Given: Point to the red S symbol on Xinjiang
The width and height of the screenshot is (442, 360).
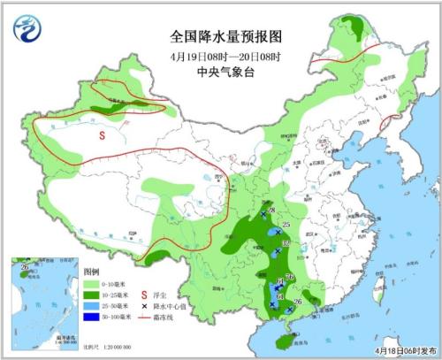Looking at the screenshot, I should pyautogui.click(x=103, y=135).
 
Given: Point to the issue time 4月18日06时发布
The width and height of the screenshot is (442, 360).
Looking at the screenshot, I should pyautogui.click(x=402, y=351).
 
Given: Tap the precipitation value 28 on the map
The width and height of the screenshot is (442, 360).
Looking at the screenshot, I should pyautogui.click(x=271, y=211).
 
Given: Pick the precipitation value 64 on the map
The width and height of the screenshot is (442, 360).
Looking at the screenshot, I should pyautogui.click(x=279, y=296).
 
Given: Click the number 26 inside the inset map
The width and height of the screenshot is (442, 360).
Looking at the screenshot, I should pyautogui.click(x=25, y=266).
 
